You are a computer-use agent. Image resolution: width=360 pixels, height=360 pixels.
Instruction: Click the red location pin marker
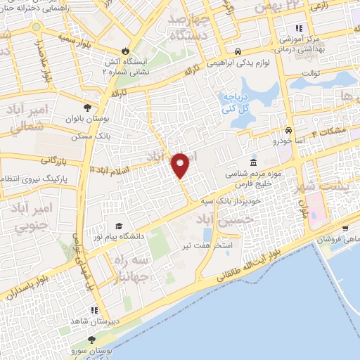tap(181, 165)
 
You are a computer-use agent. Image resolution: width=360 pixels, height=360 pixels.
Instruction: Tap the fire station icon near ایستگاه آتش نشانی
tap(125, 51)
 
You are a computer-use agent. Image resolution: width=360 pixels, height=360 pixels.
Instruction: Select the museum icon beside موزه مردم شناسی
tap(253, 163)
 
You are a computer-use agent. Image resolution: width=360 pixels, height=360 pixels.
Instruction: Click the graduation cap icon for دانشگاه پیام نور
tap(119, 226)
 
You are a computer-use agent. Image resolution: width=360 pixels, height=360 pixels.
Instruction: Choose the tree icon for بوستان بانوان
tap(87, 108)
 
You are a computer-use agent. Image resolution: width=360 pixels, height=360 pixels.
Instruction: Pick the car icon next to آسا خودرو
tap(288, 131)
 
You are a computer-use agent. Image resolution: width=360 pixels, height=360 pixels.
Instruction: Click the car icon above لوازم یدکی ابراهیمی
tap(239, 52)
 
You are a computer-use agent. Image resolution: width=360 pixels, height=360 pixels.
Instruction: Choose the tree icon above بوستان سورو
tap(91, 340)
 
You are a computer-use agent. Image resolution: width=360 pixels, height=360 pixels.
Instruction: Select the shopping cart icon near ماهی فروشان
tap(345, 228)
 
